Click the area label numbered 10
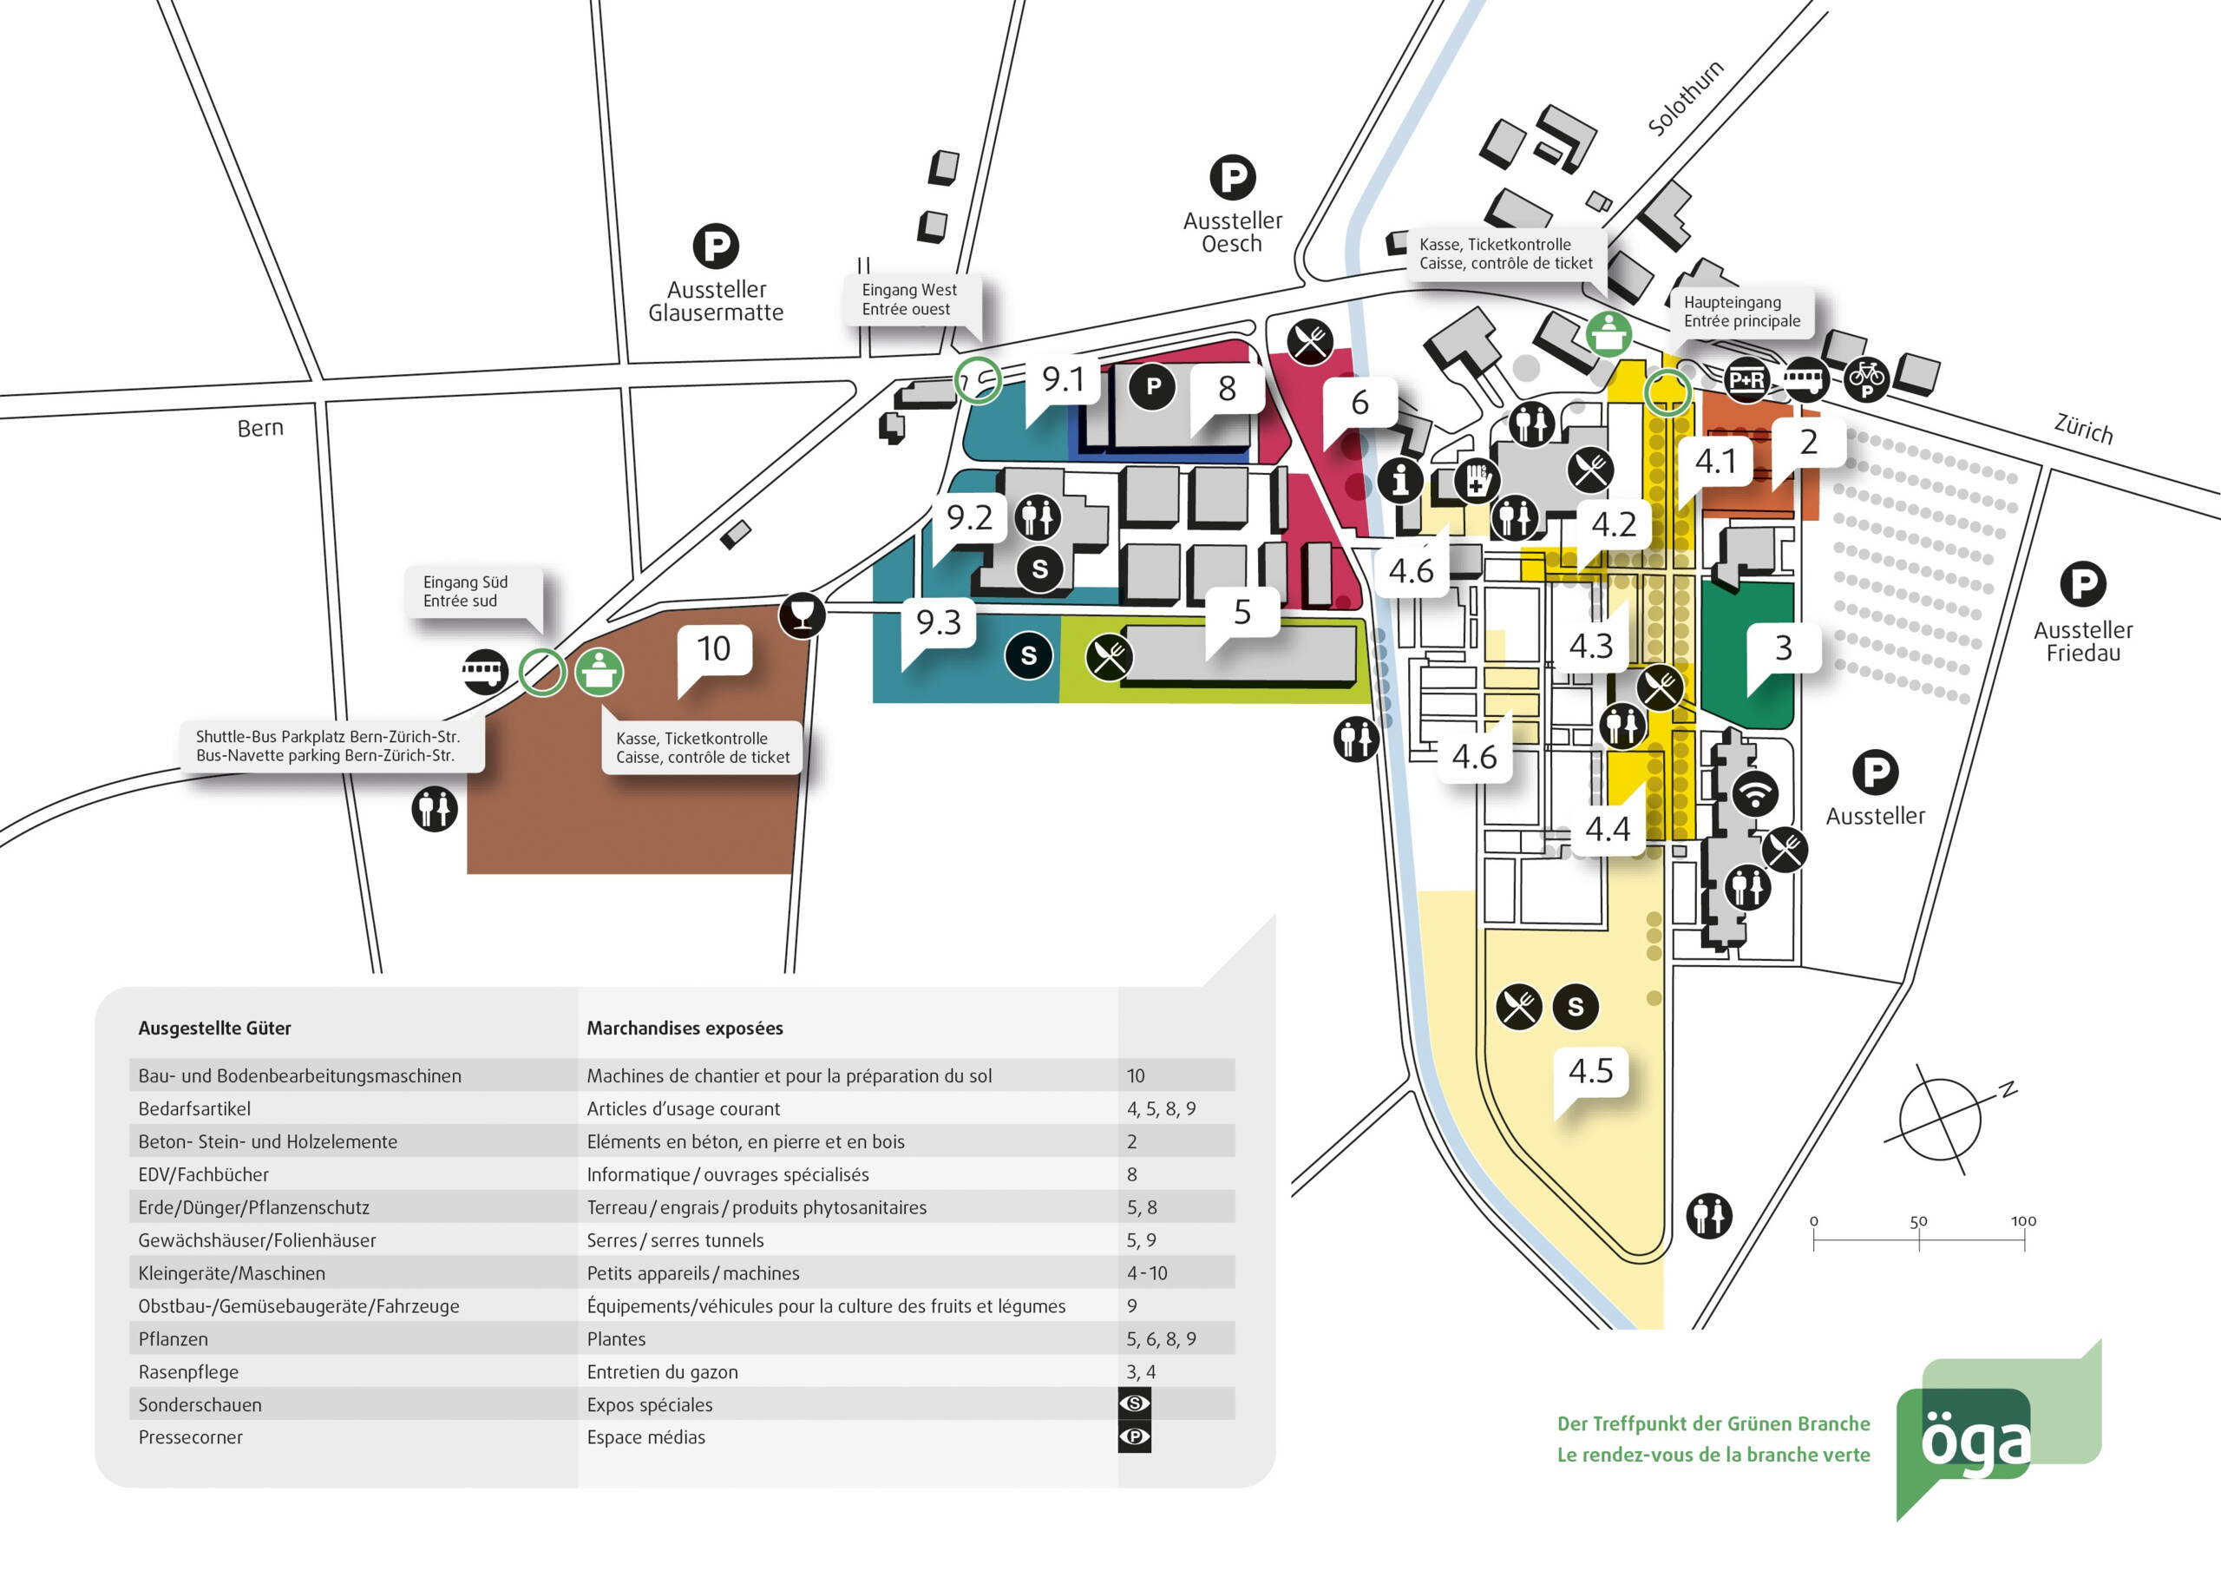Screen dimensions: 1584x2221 click(x=714, y=648)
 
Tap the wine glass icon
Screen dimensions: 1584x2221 click(x=802, y=615)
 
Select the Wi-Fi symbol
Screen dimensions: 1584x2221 click(x=1754, y=793)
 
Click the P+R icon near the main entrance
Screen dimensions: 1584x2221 click(x=1746, y=379)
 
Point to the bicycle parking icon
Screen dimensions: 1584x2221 click(x=1866, y=378)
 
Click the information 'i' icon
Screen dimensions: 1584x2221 click(x=1401, y=480)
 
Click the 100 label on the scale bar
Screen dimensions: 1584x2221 click(x=2023, y=1221)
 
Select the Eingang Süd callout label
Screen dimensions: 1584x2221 click(x=466, y=591)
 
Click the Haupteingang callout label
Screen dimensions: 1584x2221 click(x=1741, y=311)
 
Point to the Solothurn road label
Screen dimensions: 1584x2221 click(x=1685, y=97)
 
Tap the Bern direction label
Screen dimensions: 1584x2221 click(x=260, y=428)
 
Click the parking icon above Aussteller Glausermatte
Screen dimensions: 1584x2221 click(x=716, y=246)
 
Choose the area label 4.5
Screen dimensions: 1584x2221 click(x=1590, y=1071)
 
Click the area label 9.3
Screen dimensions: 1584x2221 click(x=938, y=622)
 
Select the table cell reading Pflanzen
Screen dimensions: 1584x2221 click(x=173, y=1339)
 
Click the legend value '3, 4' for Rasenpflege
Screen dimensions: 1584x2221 click(x=1141, y=1372)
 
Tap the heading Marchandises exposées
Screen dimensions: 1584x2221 click(x=685, y=1028)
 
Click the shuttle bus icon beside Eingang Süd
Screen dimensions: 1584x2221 click(x=485, y=671)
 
